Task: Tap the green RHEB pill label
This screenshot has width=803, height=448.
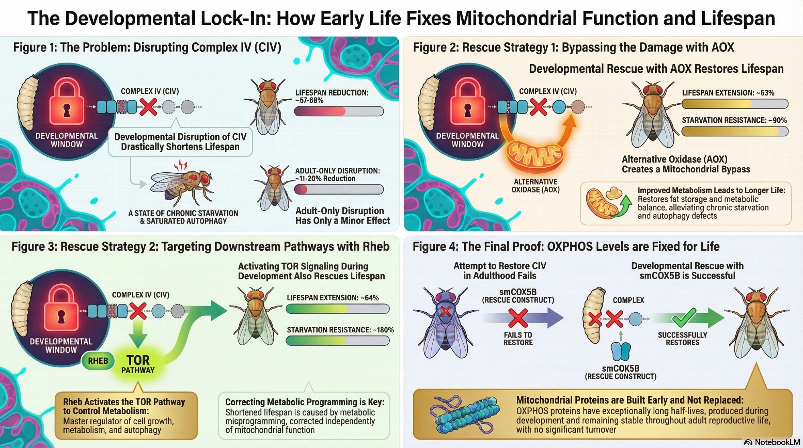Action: click(98, 360)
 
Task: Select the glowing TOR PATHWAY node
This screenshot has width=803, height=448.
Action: click(138, 364)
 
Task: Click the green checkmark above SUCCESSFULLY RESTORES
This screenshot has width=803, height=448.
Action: click(684, 318)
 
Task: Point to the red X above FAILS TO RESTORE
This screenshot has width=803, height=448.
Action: click(518, 318)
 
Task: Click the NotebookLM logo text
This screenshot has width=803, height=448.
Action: click(772, 442)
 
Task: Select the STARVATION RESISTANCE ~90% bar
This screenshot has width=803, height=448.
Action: click(735, 131)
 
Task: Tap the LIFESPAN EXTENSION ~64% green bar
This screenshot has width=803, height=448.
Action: click(337, 308)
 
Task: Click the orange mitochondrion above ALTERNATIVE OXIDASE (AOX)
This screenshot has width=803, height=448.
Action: click(534, 156)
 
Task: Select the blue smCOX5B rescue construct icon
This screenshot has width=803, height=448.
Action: click(621, 351)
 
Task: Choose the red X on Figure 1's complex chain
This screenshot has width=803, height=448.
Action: click(148, 107)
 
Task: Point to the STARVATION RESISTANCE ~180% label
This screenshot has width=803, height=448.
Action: click(340, 330)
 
